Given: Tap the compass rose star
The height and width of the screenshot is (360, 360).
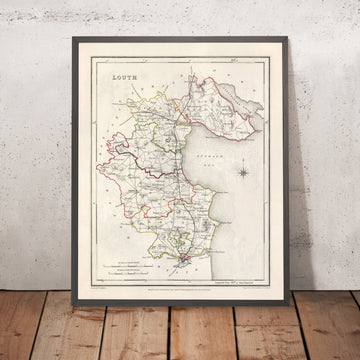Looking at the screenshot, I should (243, 173).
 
